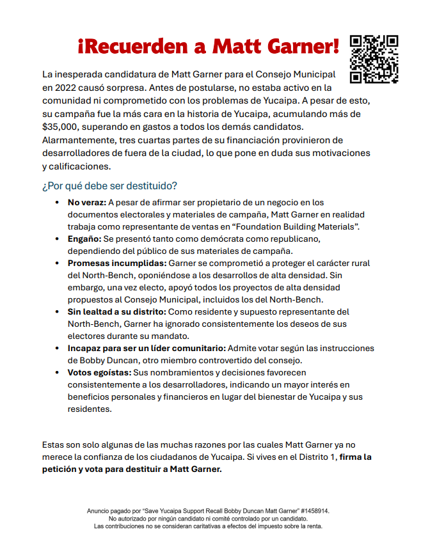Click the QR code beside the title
pyautogui.click(x=374, y=59)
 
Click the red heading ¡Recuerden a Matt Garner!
pyautogui.click(x=209, y=46)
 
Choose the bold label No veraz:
pyautogui.click(x=87, y=203)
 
